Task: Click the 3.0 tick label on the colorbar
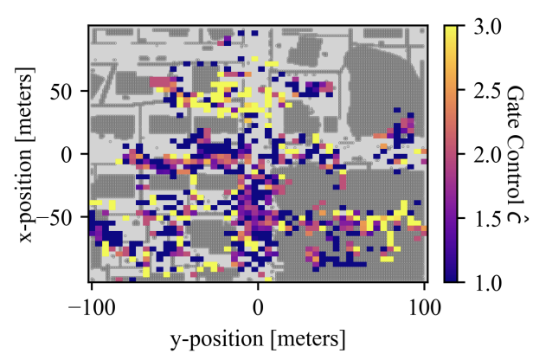(487, 27)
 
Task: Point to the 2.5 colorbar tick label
(487, 91)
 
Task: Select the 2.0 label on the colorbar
(487, 155)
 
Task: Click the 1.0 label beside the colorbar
(487, 283)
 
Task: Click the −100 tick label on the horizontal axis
(92, 308)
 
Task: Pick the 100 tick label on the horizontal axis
(425, 308)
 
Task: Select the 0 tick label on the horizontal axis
(258, 308)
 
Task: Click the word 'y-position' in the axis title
(217, 339)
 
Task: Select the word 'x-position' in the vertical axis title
(26, 193)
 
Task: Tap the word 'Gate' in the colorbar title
(515, 100)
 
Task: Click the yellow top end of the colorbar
(451, 29)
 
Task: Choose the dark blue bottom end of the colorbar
(451, 279)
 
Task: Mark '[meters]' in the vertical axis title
(26, 103)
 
